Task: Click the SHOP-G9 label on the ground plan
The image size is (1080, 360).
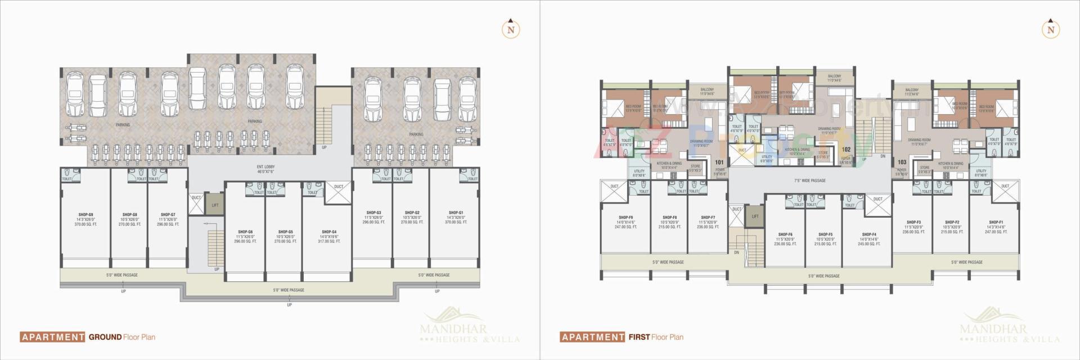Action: click(85, 214)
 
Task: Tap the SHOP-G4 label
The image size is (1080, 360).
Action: click(329, 232)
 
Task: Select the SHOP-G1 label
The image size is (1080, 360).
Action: click(456, 213)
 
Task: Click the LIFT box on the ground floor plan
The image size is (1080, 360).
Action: click(215, 205)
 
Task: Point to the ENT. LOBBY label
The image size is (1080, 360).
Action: click(265, 167)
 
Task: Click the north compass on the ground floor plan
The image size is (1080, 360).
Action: click(510, 30)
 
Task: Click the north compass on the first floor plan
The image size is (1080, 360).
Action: click(1050, 30)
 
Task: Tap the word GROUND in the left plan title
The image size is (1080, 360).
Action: click(105, 337)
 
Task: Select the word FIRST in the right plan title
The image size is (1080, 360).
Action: click(639, 337)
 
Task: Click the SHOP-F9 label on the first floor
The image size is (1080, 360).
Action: click(625, 218)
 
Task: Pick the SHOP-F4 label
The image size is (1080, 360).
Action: click(868, 235)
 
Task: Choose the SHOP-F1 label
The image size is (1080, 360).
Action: click(996, 222)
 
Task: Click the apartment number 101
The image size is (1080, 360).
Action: click(719, 163)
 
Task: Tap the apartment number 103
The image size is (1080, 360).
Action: click(902, 162)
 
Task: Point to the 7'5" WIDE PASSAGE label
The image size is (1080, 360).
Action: click(810, 181)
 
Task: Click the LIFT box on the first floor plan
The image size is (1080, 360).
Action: click(755, 216)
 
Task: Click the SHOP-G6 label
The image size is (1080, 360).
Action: click(245, 232)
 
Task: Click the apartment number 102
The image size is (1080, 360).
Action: click(846, 150)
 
